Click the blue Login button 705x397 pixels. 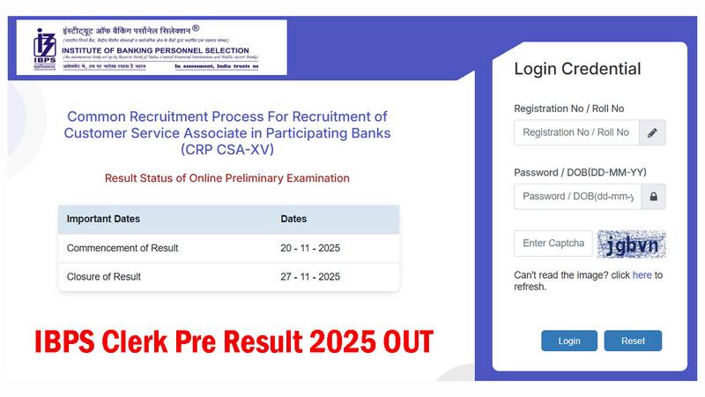pos(569,341)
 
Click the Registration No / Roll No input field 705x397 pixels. pos(576,132)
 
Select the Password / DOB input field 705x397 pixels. pos(577,196)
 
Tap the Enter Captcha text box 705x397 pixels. pos(553,243)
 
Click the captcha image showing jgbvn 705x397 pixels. pos(631,244)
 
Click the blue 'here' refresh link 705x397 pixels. pos(642,275)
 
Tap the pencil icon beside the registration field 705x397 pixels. pos(652,132)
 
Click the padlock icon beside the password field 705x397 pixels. pos(653,197)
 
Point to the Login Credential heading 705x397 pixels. pos(577,69)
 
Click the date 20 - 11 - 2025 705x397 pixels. pos(310,248)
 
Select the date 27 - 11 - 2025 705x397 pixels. pos(310,277)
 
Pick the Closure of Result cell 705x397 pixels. pos(104,277)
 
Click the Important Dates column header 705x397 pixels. pos(103,219)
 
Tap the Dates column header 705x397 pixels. pos(293,219)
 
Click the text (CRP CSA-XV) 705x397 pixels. pos(227,149)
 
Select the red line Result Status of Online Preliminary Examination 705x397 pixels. pos(227,178)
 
